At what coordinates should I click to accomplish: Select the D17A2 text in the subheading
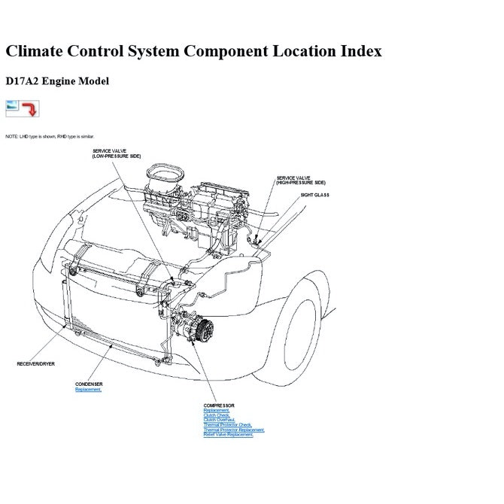22,81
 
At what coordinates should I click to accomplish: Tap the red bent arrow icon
31,109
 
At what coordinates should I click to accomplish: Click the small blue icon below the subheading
14,108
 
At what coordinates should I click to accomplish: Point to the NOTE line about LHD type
50,137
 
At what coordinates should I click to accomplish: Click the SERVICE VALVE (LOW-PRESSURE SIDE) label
116,153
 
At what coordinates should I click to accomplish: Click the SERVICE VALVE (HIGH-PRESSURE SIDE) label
301,181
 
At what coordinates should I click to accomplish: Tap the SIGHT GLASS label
315,195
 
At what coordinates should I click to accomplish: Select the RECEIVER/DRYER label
35,364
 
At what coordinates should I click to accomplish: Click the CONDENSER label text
89,384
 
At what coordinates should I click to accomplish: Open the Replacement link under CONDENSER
88,390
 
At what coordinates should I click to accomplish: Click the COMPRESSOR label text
219,405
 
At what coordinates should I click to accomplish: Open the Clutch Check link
217,415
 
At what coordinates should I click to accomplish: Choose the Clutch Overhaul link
220,420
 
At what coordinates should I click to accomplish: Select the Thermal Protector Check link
228,425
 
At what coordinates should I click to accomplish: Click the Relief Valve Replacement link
228,435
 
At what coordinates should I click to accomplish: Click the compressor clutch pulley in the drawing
205,329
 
